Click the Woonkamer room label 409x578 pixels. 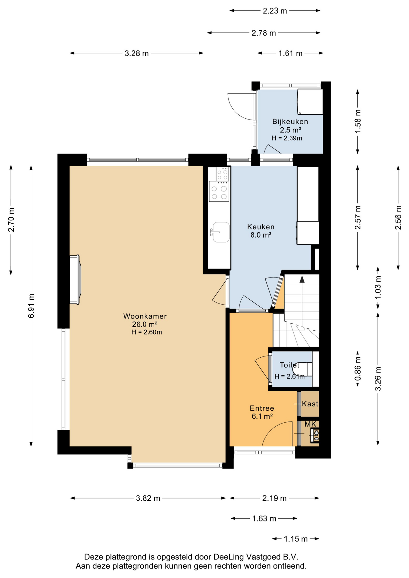click(x=145, y=316)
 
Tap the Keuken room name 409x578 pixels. click(x=261, y=227)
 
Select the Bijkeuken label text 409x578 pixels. click(x=290, y=122)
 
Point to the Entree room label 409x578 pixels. click(x=262, y=408)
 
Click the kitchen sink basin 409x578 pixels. click(x=221, y=232)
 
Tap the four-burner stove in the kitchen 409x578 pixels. click(x=219, y=191)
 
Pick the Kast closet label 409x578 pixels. click(x=310, y=404)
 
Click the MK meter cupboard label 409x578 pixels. click(x=310, y=424)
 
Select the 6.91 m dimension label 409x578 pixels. click(x=31, y=306)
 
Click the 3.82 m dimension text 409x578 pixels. click(x=148, y=498)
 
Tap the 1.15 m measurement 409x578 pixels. click(x=295, y=539)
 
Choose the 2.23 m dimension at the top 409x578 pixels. click(x=275, y=11)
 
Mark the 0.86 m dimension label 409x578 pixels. click(x=358, y=369)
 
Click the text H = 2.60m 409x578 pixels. click(x=147, y=332)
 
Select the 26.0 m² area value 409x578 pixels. click(x=145, y=324)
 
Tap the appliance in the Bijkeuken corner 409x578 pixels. click(x=310, y=101)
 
